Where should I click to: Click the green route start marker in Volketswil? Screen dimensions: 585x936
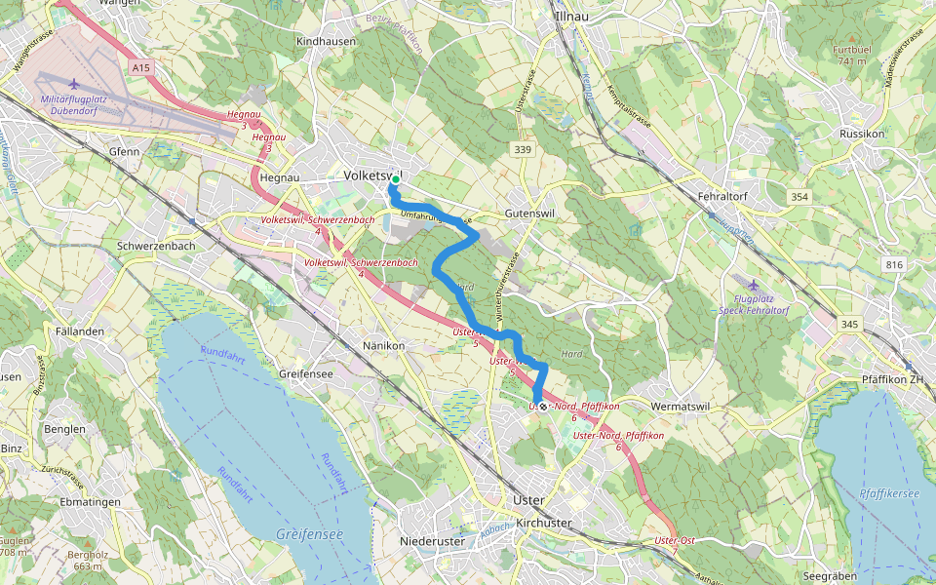pos(395,179)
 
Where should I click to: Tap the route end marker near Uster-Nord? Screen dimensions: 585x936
pos(542,406)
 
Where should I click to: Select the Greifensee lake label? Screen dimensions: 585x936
pos(309,534)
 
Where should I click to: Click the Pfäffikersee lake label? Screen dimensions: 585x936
pos(889,494)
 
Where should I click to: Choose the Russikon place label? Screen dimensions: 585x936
pos(861,133)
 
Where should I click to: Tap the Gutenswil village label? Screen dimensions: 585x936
pos(530,214)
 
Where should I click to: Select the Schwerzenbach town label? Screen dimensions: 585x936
pos(155,246)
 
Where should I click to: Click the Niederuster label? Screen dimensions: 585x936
pos(435,541)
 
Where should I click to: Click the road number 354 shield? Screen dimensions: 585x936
pos(799,197)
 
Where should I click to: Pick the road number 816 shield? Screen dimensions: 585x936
pos(894,264)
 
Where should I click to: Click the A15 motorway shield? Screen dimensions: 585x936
pos(140,67)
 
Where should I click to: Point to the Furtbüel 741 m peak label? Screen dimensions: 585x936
pos(850,55)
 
